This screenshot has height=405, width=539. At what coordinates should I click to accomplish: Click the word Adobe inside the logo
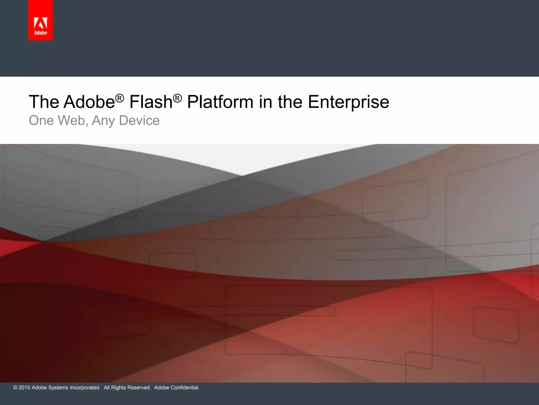coord(41,33)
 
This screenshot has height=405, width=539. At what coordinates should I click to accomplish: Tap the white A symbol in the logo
coord(41,23)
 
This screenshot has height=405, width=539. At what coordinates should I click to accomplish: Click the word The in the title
coord(44,102)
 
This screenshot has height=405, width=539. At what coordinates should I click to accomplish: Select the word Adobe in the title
coord(89,102)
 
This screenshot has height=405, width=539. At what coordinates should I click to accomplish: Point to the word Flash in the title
coord(151,102)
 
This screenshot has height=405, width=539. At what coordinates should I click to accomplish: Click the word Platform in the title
coord(220,102)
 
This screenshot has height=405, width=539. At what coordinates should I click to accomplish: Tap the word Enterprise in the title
coord(348,102)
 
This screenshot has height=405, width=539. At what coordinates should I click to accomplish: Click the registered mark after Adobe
coord(119,98)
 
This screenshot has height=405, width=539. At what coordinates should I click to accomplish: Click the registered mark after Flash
coord(177,98)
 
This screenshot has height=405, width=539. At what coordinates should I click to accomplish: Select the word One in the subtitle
coord(41,120)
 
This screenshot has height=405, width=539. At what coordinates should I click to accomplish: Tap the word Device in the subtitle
coord(139,120)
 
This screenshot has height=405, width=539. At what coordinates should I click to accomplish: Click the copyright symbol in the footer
coord(15,388)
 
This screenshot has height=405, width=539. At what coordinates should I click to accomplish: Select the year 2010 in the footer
coord(24,388)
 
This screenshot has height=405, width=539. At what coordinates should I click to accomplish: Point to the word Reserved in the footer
coord(139,388)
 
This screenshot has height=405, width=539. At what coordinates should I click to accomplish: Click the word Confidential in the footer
coord(185,388)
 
